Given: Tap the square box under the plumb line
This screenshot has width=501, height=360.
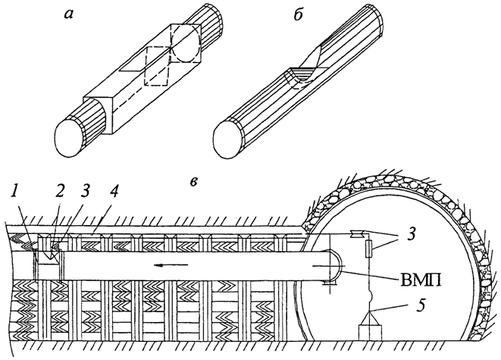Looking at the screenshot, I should tap(370, 330).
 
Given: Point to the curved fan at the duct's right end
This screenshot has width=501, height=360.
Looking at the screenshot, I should tap(331, 270).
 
